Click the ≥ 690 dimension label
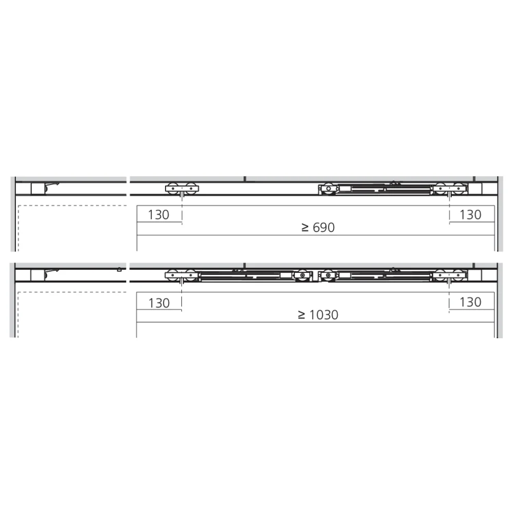click(318, 227)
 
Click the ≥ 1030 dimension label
click(318, 315)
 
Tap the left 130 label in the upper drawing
click(159, 215)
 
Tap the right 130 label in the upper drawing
click(470, 215)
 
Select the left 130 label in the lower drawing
click(159, 303)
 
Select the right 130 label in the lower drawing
click(470, 302)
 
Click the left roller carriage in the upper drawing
click(182, 189)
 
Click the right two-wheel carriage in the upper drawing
click(449, 189)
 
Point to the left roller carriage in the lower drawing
click(181, 275)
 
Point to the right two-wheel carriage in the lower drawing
click(449, 275)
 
